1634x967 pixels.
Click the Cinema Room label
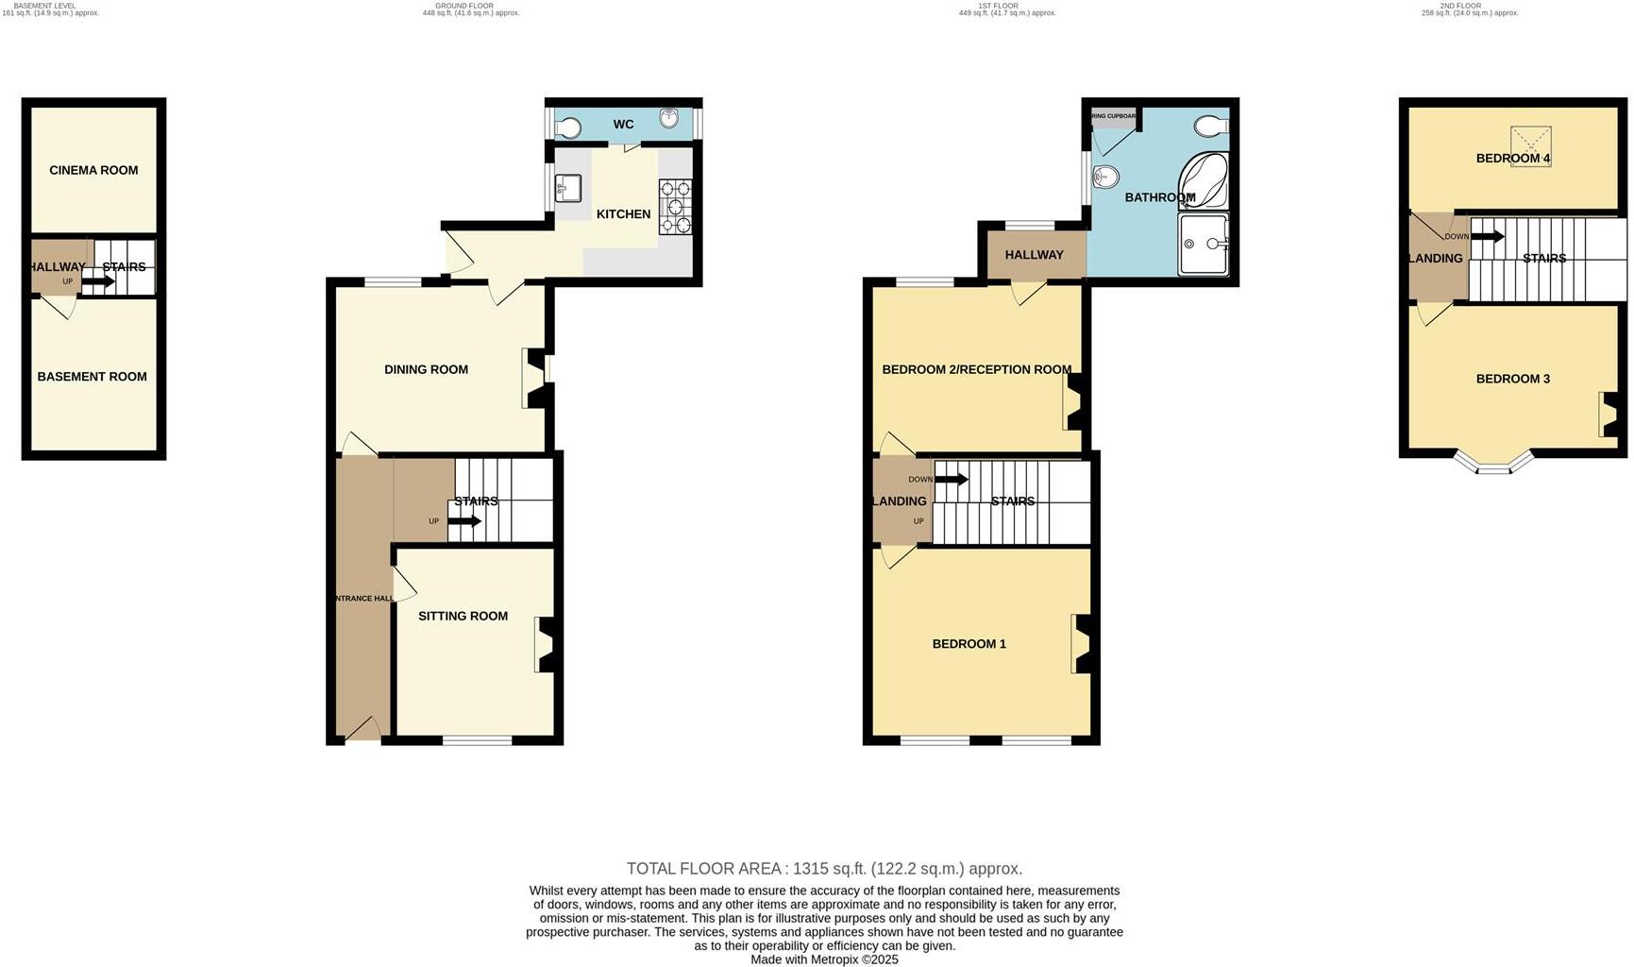point(93,170)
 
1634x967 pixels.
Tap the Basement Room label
point(92,377)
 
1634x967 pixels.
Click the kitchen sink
point(568,188)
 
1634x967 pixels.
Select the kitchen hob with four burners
point(675,207)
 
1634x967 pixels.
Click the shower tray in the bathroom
point(1204,244)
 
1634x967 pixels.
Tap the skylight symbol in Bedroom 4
point(1530,146)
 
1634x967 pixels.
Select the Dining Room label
point(426,369)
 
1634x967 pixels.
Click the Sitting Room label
point(463,616)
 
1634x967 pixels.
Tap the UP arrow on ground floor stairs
point(463,521)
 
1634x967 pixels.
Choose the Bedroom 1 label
point(969,644)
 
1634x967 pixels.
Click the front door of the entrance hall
point(362,729)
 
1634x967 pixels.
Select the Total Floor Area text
point(824,868)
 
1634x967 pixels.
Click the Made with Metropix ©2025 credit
point(824,959)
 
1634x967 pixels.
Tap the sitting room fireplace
point(546,644)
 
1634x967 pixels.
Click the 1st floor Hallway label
point(1034,255)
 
